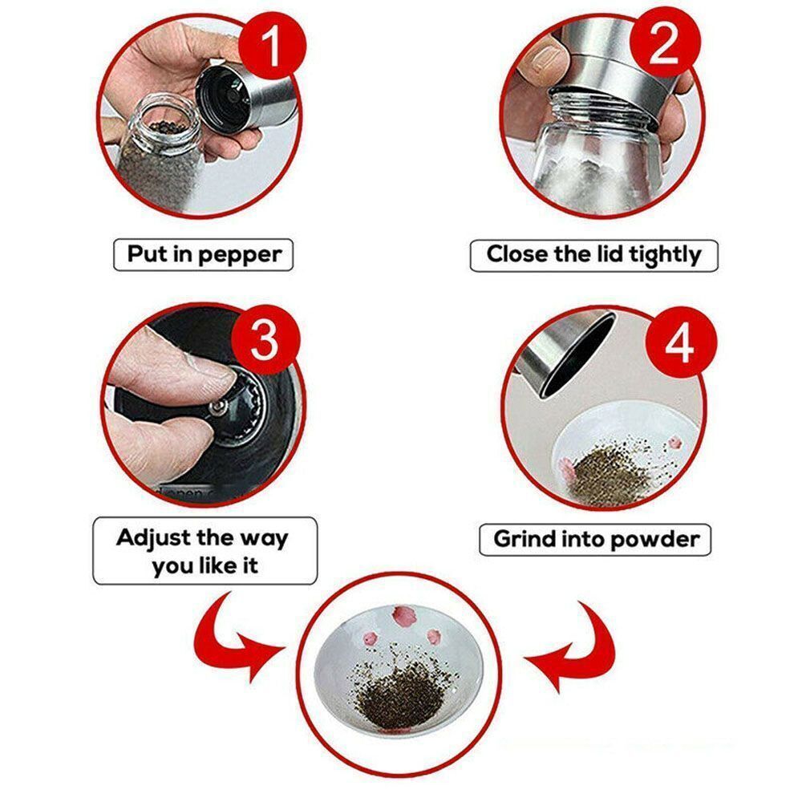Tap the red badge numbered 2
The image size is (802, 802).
[665, 46]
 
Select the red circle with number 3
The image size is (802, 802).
[265, 342]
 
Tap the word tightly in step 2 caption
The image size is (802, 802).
[664, 255]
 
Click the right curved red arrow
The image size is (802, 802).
[574, 642]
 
